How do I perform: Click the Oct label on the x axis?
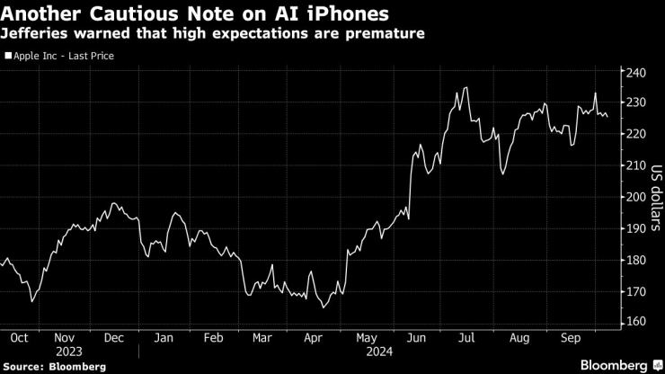(19, 338)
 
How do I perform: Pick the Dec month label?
(114, 338)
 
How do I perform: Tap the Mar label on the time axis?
(262, 338)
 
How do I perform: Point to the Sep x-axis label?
(569, 338)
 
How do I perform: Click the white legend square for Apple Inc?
(8, 56)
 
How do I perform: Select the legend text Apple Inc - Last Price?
(64, 56)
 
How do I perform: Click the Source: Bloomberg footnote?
(54, 366)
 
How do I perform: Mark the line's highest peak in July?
(465, 87)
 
